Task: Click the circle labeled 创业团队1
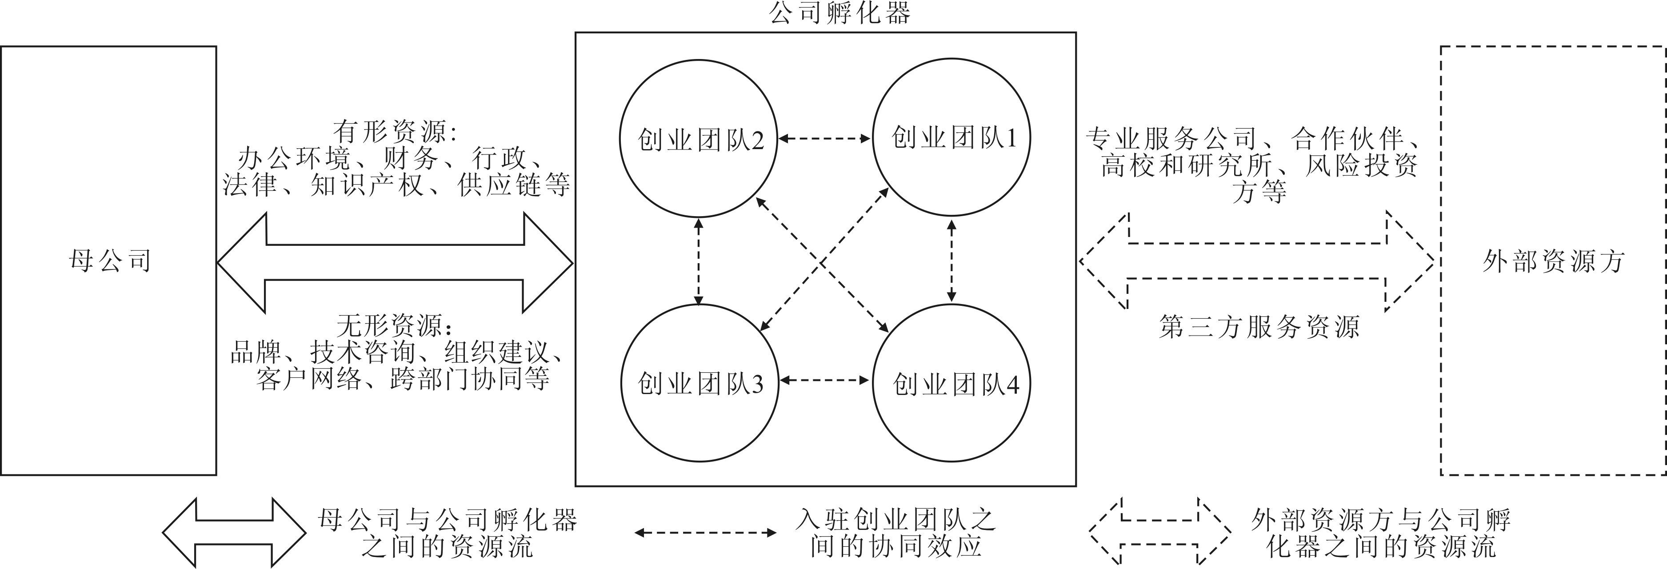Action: coord(952,137)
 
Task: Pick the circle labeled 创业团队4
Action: coord(952,384)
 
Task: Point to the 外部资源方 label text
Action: coord(1553,261)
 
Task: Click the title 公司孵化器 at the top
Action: coord(839,13)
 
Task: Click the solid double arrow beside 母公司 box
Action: coord(395,262)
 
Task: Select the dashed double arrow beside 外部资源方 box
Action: coord(1257,261)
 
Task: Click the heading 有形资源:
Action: coord(395,133)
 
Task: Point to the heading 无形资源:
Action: coord(395,325)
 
